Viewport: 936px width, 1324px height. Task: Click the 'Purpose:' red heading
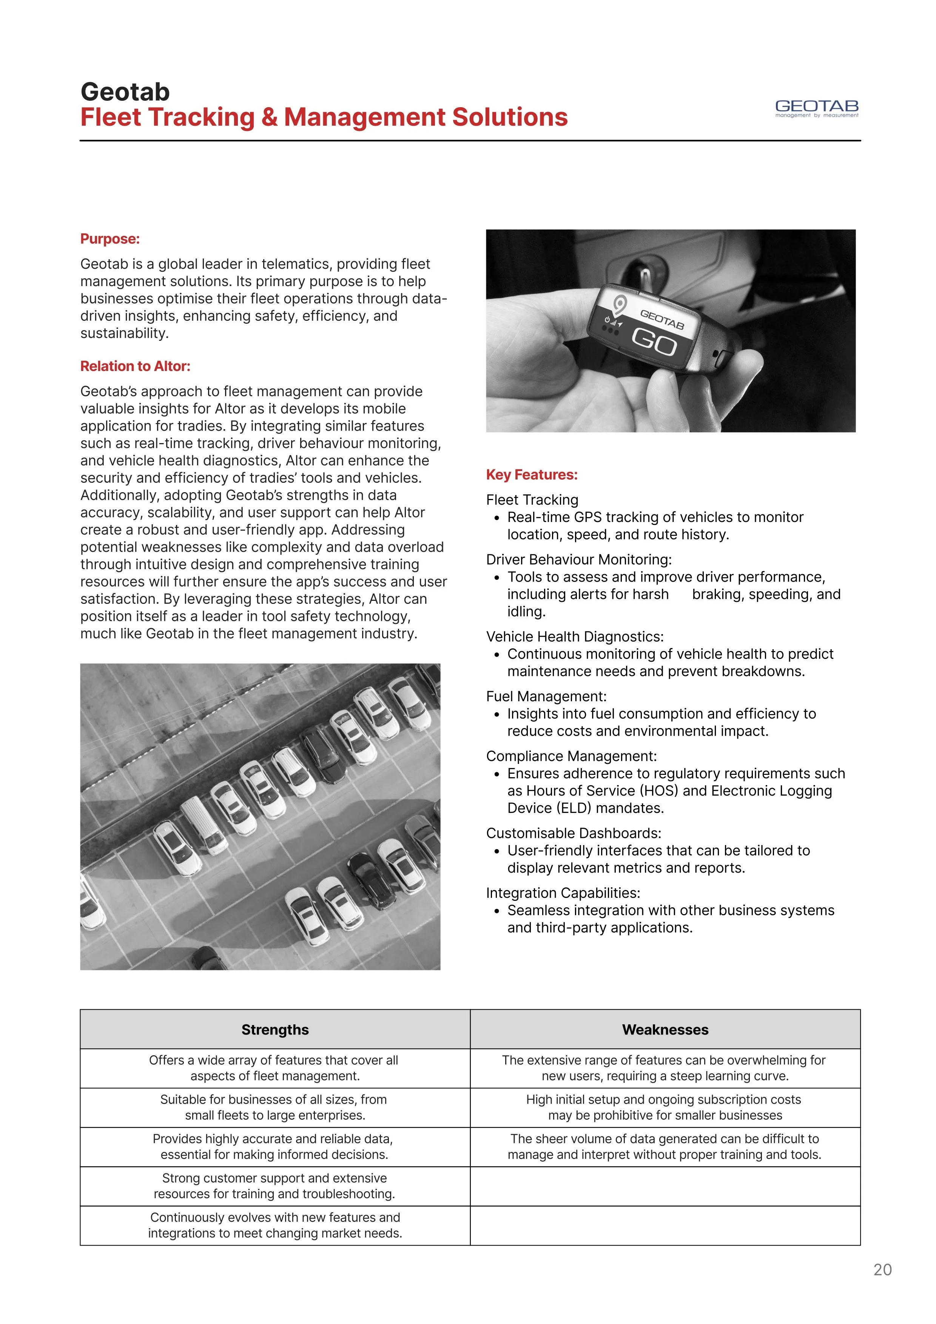109,239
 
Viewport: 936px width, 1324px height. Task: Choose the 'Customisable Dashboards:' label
573,833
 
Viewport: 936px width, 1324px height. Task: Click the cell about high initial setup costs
665,1107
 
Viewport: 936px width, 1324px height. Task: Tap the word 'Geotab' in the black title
125,92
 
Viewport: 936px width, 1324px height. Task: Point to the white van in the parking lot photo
204,825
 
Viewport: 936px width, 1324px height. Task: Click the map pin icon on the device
619,304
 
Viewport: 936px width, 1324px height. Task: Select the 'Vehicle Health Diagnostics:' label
574,637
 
